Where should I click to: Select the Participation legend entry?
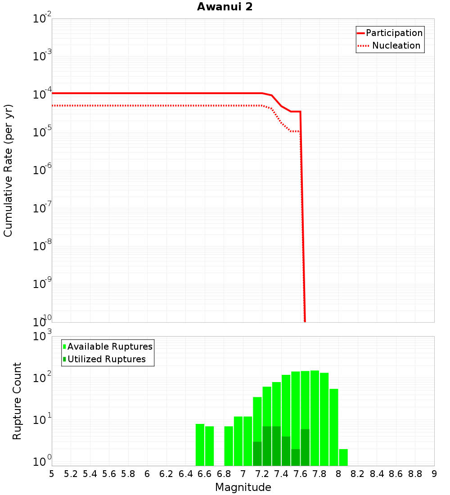(394, 33)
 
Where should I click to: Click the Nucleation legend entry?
(396, 45)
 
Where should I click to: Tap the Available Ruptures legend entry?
(110, 346)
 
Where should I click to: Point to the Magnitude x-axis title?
(243, 487)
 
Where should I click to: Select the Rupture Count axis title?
(17, 400)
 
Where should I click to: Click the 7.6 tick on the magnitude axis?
(300, 474)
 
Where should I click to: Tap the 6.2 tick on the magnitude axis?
(166, 474)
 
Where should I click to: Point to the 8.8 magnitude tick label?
(415, 474)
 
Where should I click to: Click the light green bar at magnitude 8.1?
(343, 457)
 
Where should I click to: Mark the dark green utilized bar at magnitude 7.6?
(305, 447)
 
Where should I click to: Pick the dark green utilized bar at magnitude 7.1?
(257, 454)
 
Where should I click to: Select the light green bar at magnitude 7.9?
(334, 427)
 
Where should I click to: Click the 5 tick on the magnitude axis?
(52, 474)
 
